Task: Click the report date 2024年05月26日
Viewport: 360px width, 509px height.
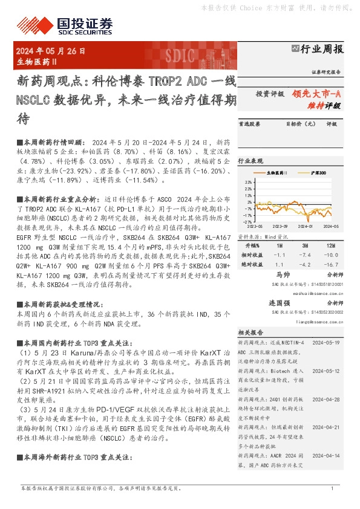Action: tap(50, 52)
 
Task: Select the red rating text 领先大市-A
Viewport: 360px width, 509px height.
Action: tap(318, 94)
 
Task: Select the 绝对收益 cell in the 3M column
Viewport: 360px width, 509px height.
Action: tap(304, 264)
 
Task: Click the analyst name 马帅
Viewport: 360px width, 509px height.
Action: tap(279, 274)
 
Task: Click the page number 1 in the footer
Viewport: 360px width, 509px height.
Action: tap(332, 488)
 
